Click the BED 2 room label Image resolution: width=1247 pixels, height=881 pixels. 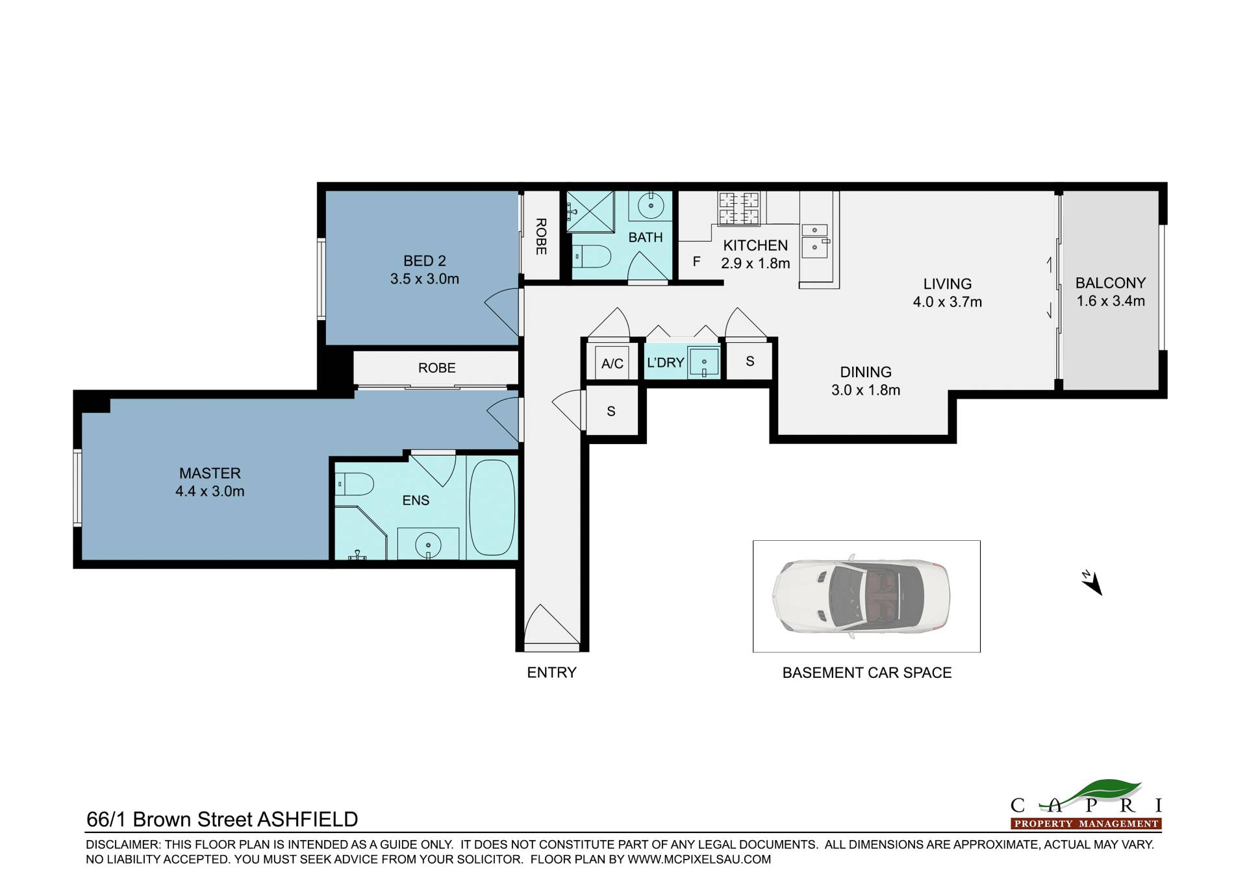(x=424, y=261)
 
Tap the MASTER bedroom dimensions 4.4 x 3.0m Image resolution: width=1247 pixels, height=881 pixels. (x=210, y=491)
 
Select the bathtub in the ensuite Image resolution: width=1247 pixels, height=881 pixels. (x=492, y=507)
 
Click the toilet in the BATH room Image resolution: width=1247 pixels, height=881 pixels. (x=592, y=256)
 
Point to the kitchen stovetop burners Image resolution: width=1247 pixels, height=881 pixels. (x=739, y=208)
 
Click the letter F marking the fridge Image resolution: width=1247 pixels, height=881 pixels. (x=696, y=262)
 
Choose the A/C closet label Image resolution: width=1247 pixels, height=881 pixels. (x=612, y=364)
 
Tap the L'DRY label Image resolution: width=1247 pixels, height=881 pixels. (x=665, y=362)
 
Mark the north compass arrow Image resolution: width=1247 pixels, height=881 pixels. (x=1092, y=583)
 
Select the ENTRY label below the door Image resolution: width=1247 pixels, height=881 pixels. (x=551, y=673)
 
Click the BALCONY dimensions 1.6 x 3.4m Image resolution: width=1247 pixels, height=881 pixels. (x=1111, y=301)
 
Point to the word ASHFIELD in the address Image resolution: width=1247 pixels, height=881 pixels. (x=308, y=819)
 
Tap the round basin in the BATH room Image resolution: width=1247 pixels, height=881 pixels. (x=650, y=206)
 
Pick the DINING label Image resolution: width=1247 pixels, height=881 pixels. (x=866, y=372)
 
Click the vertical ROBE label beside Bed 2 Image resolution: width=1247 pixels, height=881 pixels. (x=541, y=236)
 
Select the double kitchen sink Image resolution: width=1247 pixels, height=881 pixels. (x=815, y=239)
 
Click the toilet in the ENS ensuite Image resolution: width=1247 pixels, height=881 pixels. (x=355, y=484)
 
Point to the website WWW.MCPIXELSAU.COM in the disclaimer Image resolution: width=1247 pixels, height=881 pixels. (x=699, y=860)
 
